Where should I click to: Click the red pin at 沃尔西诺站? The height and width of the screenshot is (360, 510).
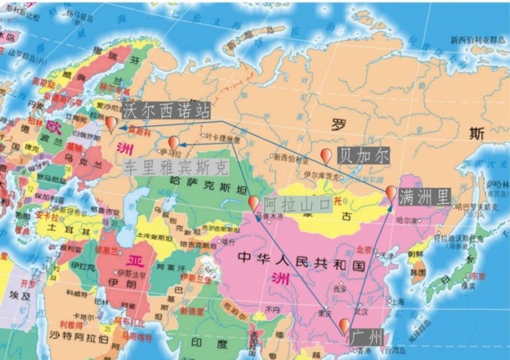[x=111, y=122]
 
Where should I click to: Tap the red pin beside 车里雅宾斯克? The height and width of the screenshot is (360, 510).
[x=173, y=141]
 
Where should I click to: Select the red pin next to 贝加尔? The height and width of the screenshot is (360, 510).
[x=326, y=154]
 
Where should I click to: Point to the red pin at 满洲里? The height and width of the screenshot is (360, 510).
[x=391, y=192]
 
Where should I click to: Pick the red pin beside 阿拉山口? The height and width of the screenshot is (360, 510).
[x=254, y=202]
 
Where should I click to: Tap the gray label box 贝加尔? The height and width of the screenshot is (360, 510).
[x=364, y=154]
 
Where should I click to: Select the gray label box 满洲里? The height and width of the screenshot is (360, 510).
[x=424, y=195]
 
